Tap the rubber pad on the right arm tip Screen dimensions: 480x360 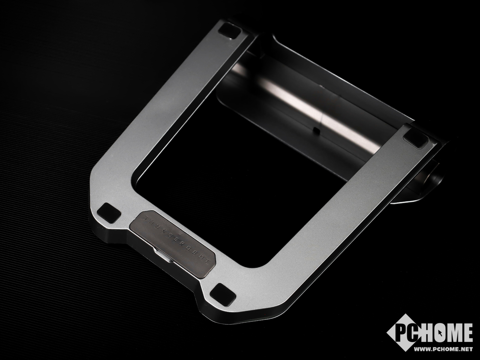pos(416,140)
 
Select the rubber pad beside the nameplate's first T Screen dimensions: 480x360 pos(109,213)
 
